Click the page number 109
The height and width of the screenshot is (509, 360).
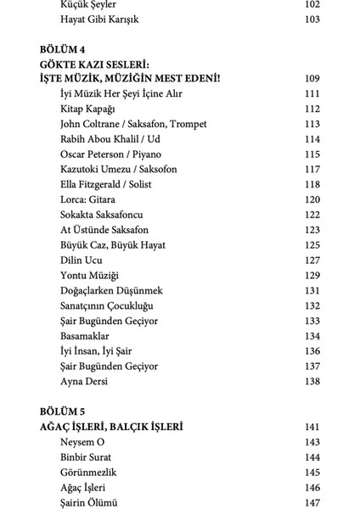coord(312,79)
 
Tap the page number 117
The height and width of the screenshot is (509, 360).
coord(312,170)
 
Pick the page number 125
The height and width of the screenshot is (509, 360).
coord(312,245)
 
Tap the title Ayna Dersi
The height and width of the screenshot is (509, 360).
coord(86,382)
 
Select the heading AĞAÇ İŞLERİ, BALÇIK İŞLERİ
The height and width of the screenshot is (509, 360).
coord(111,427)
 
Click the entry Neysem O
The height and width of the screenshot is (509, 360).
coord(82,442)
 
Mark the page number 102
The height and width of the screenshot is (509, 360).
coord(312,4)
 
